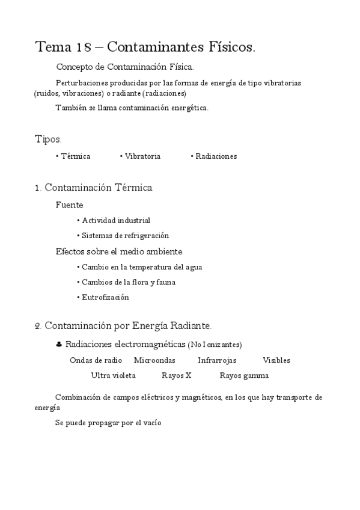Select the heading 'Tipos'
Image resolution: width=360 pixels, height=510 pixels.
(x=47, y=139)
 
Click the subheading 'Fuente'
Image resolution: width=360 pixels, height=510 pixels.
(x=69, y=204)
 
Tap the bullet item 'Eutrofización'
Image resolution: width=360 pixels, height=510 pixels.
(x=105, y=297)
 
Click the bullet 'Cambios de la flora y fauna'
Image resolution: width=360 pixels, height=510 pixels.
(x=129, y=282)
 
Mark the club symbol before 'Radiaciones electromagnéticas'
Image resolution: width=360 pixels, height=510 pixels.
(x=58, y=345)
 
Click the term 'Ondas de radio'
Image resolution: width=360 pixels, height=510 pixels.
(x=96, y=360)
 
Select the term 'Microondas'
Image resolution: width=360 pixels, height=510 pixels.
(x=154, y=360)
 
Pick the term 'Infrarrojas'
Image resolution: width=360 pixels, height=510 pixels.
(x=217, y=360)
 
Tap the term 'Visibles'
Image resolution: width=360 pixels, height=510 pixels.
(x=276, y=360)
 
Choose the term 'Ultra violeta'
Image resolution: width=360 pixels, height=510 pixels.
(x=113, y=376)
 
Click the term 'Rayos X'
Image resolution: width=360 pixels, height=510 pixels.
(x=177, y=376)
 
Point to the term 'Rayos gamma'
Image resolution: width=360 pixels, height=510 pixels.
(x=244, y=376)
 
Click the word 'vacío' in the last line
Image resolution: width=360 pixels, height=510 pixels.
(x=152, y=423)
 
